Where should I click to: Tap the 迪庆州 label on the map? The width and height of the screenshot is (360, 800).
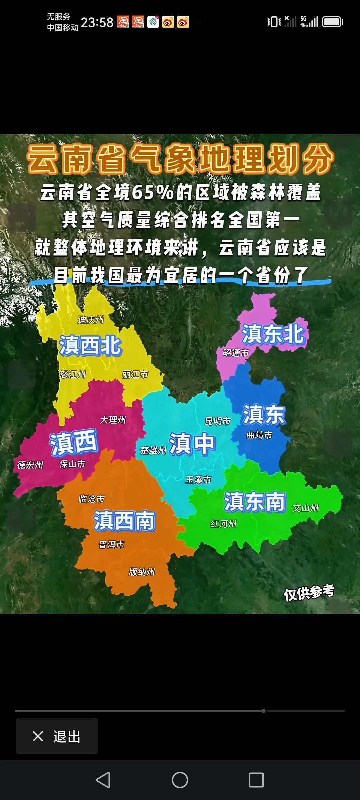click(91, 320)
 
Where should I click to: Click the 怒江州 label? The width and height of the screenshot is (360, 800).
click(72, 374)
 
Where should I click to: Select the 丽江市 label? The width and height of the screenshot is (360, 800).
click(135, 374)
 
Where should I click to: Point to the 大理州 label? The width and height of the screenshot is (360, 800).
click(113, 420)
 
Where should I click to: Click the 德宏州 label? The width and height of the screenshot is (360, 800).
click(30, 465)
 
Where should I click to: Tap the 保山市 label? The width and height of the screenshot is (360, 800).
click(72, 464)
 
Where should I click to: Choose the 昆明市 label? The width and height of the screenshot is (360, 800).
click(217, 421)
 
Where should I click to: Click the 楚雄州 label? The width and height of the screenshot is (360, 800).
click(153, 450)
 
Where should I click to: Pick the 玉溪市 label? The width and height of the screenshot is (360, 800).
click(198, 480)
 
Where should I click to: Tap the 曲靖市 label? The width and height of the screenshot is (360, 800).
click(259, 435)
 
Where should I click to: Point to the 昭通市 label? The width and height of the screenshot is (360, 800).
click(236, 353)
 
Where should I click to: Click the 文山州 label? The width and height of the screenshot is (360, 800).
click(305, 508)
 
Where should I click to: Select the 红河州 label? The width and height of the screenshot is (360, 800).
click(223, 524)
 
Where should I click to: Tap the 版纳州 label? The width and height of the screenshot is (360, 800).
click(142, 572)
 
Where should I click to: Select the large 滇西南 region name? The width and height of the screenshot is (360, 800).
click(124, 521)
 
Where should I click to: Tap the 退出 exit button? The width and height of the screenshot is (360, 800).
click(57, 736)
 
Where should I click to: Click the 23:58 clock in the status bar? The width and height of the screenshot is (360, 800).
click(97, 22)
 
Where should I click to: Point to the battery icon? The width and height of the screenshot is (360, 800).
click(333, 22)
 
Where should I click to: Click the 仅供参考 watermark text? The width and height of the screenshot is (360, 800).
click(309, 593)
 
